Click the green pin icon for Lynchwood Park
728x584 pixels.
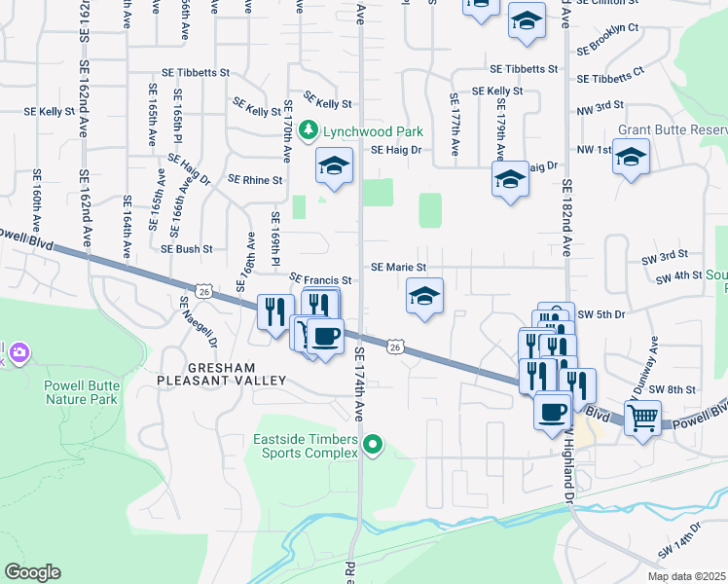click(x=309, y=129)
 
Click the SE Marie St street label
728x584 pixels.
click(x=399, y=266)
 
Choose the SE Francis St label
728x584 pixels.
click(x=320, y=279)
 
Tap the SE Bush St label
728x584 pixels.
click(x=187, y=249)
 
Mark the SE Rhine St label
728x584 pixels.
click(x=255, y=180)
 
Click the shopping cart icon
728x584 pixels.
click(x=641, y=419)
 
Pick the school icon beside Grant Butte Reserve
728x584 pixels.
click(x=631, y=157)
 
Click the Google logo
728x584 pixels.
click(x=32, y=572)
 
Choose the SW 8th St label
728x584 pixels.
click(x=672, y=388)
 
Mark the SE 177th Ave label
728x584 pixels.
click(x=454, y=125)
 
